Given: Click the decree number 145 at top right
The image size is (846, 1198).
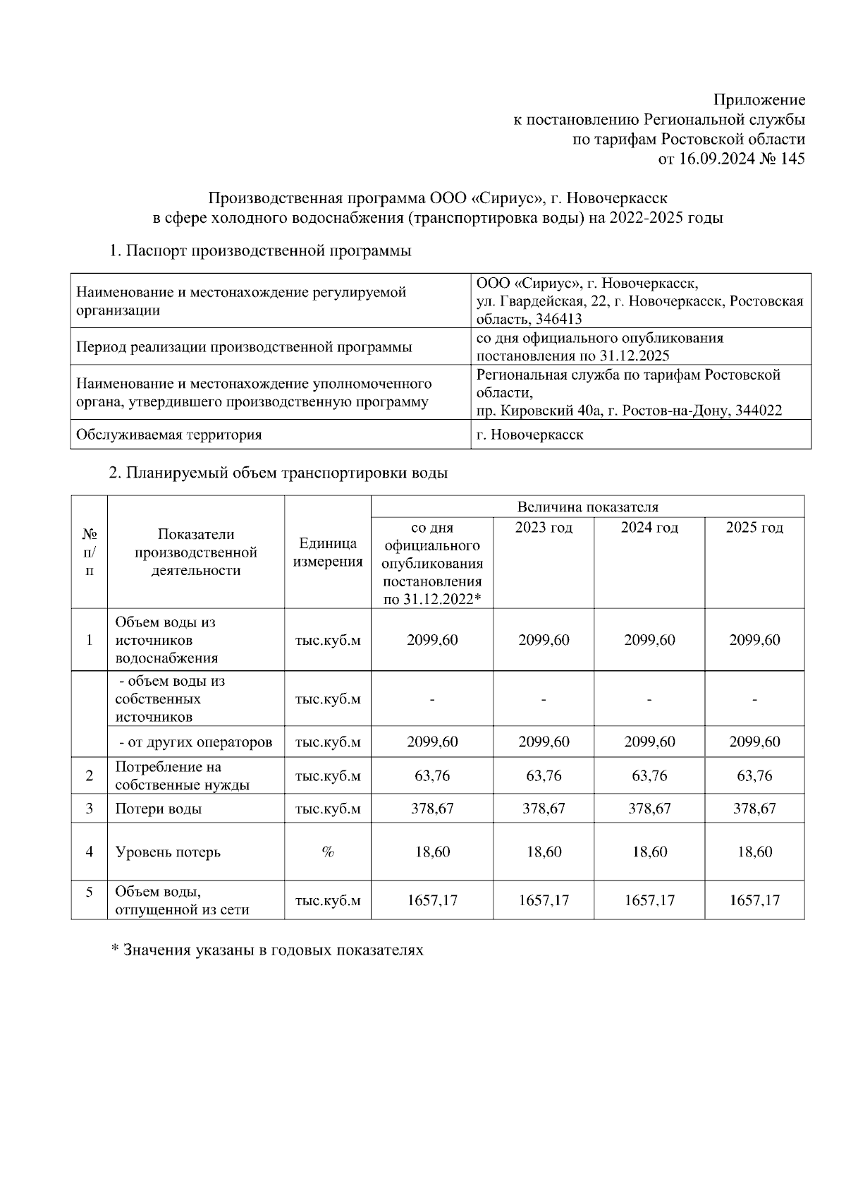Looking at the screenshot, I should click(792, 159).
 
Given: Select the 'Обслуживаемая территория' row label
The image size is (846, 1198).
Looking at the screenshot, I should click(168, 435).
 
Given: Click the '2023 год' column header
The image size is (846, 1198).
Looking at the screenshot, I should click(544, 528).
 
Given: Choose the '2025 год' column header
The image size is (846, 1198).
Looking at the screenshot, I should click(754, 528).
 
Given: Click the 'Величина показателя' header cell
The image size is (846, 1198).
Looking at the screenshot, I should click(587, 507).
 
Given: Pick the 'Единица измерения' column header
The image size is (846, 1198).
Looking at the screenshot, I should click(328, 552).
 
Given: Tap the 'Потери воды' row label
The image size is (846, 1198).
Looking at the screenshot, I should click(159, 809).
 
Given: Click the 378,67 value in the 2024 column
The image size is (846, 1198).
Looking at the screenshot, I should click(649, 809).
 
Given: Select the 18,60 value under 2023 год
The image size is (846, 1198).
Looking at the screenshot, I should click(544, 852).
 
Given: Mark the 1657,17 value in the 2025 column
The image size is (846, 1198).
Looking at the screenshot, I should click(754, 900).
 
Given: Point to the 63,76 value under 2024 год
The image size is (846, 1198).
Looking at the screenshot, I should click(649, 776).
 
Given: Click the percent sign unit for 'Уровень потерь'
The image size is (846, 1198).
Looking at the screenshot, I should click(328, 852).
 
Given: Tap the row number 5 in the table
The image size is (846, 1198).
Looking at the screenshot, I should click(90, 892).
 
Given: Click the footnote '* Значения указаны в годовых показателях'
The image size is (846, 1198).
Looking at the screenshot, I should click(267, 950).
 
